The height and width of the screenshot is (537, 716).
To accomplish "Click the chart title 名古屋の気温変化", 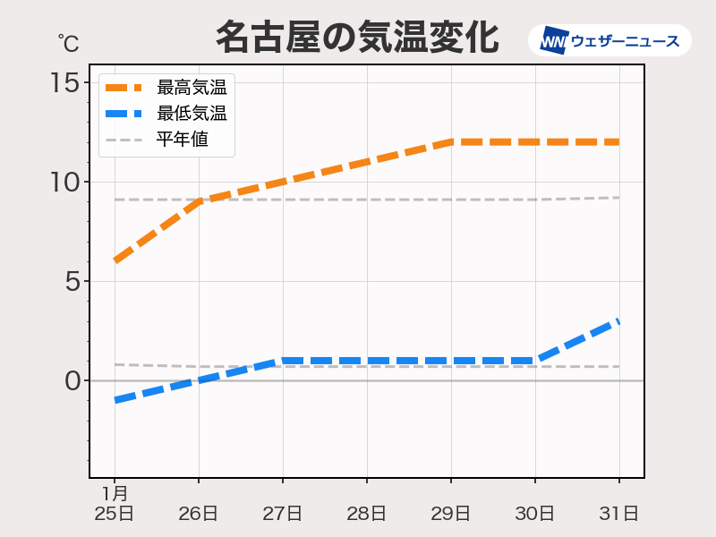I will [356, 38].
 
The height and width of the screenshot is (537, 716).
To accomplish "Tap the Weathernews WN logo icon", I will [555, 40].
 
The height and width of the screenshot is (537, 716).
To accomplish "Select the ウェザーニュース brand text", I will [625, 40].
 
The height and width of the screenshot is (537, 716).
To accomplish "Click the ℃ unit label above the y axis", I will [68, 42].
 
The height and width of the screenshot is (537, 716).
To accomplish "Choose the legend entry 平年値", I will [183, 140].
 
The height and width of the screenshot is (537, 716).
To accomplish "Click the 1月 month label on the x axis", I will [115, 493].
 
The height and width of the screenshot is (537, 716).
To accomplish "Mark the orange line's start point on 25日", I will [115, 260].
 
